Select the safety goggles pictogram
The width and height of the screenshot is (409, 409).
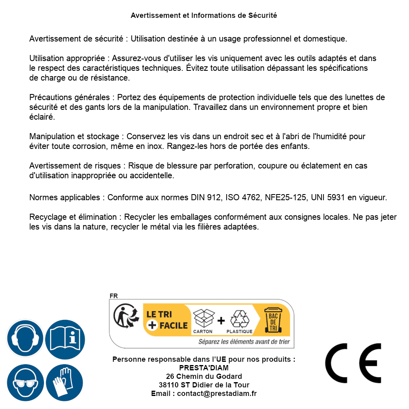[25, 383]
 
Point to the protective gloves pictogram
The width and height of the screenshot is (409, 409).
[65, 383]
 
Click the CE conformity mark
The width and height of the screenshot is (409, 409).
[353, 363]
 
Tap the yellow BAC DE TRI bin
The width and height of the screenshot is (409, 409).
[273, 320]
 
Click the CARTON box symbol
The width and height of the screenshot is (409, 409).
[203, 319]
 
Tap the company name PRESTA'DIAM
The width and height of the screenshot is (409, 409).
[204, 368]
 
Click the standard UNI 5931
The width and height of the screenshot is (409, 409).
[328, 198]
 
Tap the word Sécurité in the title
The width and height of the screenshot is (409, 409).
[262, 16]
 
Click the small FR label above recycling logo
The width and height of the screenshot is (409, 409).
[114, 296]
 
